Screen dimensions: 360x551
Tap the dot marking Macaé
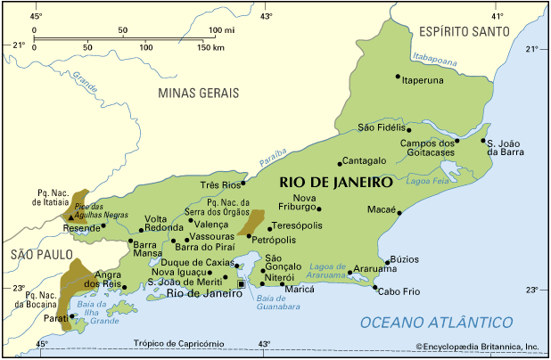pos(399,212)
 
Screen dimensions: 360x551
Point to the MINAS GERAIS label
pos(198,93)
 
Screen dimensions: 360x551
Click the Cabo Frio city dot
pos(374,286)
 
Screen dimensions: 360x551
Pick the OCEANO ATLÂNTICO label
pos(436,322)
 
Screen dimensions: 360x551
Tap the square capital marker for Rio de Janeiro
pos(241,283)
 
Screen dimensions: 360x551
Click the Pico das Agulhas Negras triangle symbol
pos(70,217)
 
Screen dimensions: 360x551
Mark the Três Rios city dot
pos(243,183)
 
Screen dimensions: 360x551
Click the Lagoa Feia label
pos(425,181)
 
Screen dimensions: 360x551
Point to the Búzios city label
pos(404,259)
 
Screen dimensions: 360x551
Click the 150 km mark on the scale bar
pos(210,46)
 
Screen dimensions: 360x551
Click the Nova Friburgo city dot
pos(319,209)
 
